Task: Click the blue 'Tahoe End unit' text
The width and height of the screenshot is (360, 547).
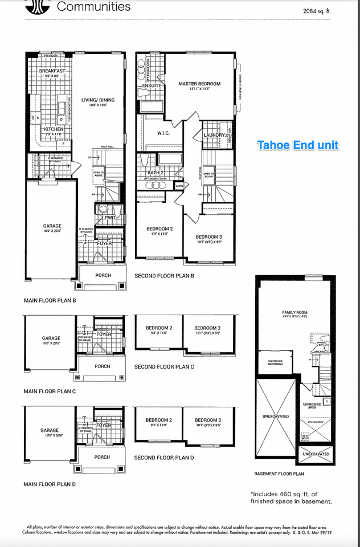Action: (298, 145)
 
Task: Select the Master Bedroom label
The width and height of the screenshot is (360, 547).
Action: (199, 84)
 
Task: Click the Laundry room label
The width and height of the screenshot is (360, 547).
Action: (215, 135)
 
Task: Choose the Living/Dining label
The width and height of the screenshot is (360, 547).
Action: (99, 100)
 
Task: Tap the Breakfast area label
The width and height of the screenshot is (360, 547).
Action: (52, 71)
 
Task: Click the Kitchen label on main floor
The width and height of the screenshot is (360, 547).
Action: (54, 129)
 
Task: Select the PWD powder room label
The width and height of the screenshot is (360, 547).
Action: (109, 217)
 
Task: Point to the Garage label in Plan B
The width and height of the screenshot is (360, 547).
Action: (52, 226)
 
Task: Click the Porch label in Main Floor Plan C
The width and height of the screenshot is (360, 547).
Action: (103, 366)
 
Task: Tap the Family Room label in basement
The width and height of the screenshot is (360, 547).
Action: (294, 313)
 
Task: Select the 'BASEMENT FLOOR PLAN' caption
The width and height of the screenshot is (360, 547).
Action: (279, 473)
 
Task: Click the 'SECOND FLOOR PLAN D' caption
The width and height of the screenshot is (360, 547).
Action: (164, 458)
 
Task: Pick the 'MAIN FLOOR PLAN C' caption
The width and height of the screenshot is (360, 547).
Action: (50, 391)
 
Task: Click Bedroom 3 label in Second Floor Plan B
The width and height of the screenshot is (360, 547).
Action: (208, 236)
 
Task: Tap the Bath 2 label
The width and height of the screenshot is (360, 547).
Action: (156, 172)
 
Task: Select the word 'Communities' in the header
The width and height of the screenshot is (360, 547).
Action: (94, 7)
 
